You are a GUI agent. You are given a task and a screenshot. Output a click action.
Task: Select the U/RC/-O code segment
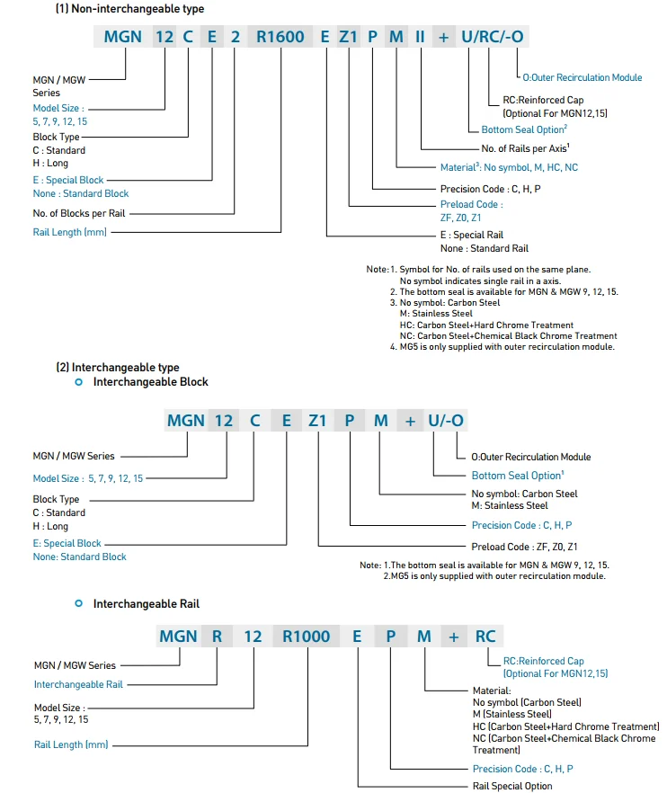click(493, 37)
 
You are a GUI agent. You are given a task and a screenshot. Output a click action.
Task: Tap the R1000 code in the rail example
click(306, 636)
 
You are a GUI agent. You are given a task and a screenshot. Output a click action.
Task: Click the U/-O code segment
click(446, 420)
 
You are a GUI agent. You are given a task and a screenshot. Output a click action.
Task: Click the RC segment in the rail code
click(485, 636)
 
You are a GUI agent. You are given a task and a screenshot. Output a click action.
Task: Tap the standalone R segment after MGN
click(217, 636)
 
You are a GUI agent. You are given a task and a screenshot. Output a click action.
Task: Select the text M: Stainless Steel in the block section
click(510, 505)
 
